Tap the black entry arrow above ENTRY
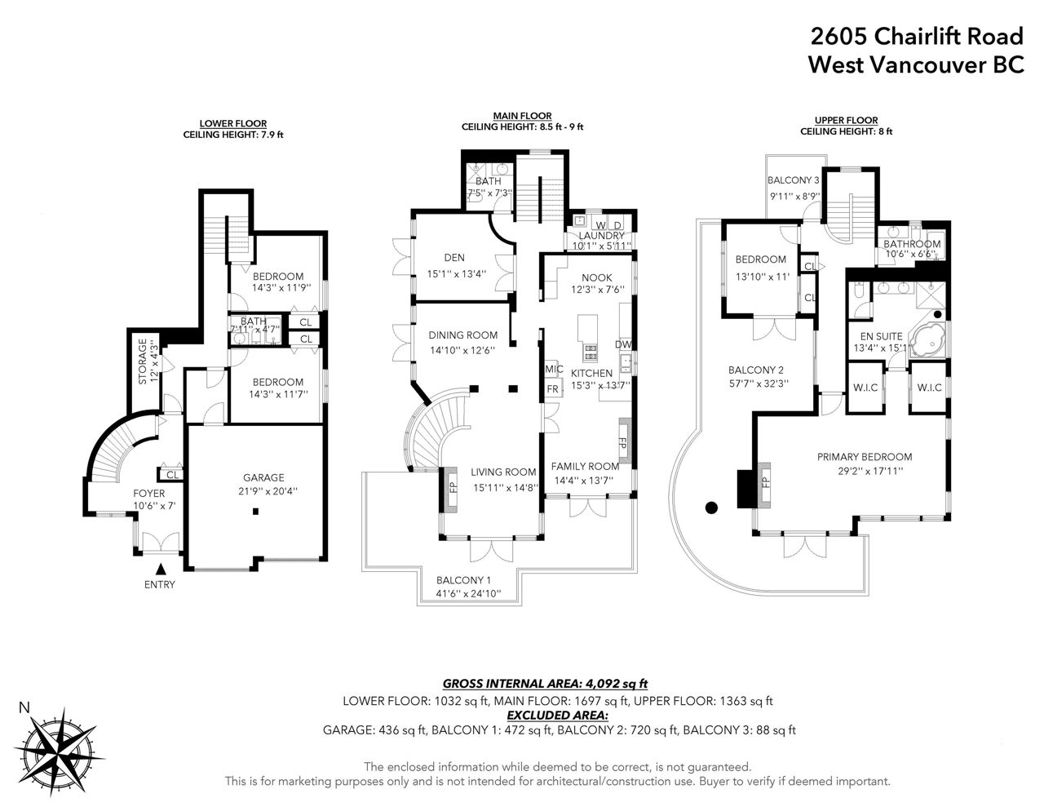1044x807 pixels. (161, 569)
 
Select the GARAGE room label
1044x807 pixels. (263, 477)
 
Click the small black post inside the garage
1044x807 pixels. (255, 512)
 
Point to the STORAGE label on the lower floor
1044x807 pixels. (143, 361)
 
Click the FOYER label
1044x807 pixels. (149, 493)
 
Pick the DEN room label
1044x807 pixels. (454, 258)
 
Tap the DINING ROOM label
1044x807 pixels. (462, 335)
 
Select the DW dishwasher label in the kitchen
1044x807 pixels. (623, 344)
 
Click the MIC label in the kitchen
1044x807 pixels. (554, 369)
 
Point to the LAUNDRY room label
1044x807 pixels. (601, 236)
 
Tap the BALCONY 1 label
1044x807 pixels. (463, 579)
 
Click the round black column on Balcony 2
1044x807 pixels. (711, 507)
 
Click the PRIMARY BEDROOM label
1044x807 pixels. (865, 457)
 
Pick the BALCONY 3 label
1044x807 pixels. (794, 180)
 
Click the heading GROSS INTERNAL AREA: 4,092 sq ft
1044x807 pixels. (545, 683)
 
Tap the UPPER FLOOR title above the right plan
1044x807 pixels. (846, 120)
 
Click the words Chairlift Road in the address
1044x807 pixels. (949, 36)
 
